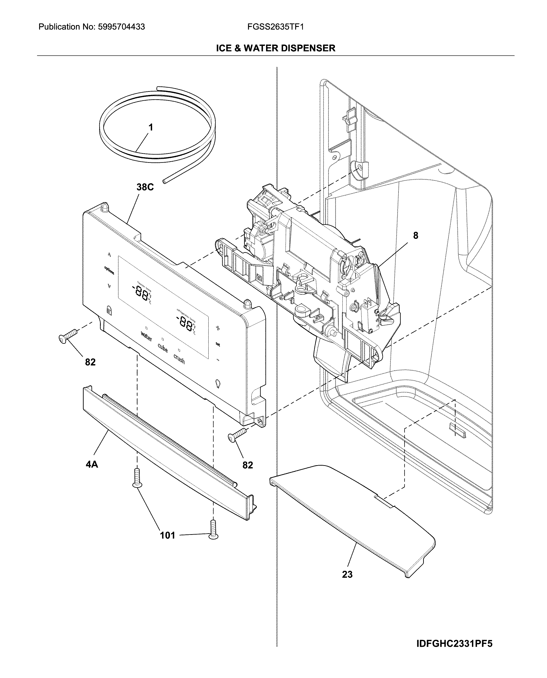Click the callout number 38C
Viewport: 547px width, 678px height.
[145, 187]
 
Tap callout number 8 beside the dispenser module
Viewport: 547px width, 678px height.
[416, 235]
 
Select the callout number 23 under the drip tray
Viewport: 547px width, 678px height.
[347, 574]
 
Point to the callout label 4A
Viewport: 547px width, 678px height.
[92, 464]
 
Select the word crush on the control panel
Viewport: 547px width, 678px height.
[179, 359]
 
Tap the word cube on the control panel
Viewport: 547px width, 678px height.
[163, 348]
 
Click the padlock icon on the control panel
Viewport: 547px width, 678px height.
[109, 310]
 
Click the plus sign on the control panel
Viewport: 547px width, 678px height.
[218, 328]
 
